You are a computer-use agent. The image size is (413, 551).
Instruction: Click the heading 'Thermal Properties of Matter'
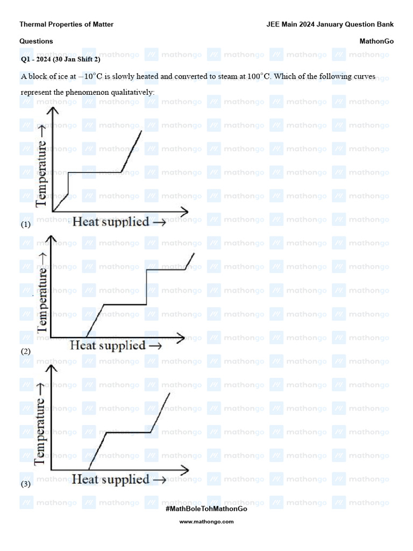pos(66,24)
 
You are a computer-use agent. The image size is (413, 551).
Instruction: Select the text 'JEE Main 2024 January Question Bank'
pos(330,24)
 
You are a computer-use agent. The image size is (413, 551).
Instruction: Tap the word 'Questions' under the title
pos(36,41)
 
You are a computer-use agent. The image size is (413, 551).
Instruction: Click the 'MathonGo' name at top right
pos(376,41)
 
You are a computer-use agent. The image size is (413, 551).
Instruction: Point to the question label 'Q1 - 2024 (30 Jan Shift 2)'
pos(60,59)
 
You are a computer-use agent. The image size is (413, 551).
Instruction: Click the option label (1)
pos(25,225)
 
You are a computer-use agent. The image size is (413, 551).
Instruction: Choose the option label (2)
pos(25,351)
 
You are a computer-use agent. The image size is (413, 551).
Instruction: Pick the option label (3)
pos(25,484)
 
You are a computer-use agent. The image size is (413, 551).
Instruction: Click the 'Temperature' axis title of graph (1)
pos(42,171)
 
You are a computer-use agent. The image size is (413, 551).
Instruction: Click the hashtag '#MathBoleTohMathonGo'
pos(206,508)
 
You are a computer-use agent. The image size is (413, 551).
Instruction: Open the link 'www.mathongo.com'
pos(206,521)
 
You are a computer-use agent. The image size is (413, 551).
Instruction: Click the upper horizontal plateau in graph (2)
pos(166,269)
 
